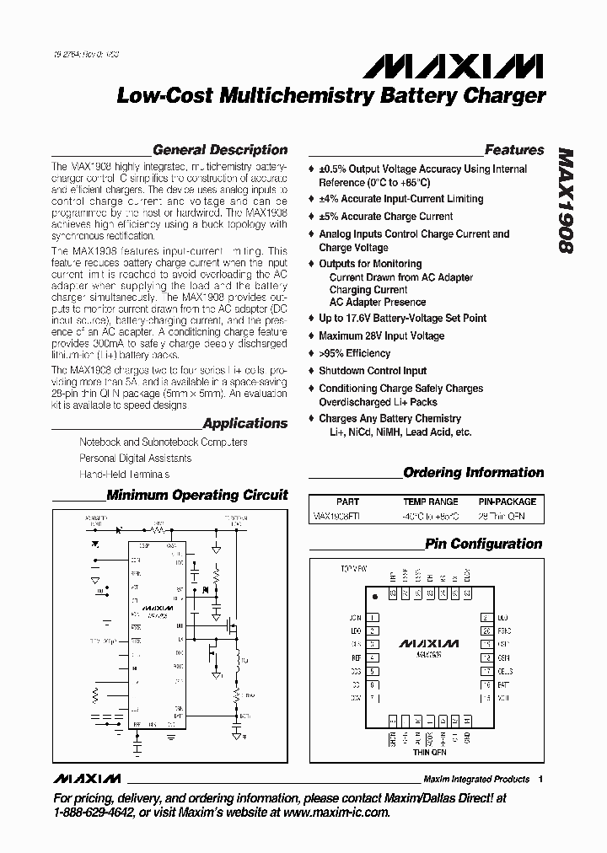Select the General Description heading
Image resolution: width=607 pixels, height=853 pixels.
pyautogui.click(x=220, y=150)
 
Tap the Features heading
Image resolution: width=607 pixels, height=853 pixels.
pyautogui.click(x=514, y=150)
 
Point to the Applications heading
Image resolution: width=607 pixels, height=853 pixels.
pyautogui.click(x=245, y=423)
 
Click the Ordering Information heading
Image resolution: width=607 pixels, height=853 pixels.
pyautogui.click(x=474, y=473)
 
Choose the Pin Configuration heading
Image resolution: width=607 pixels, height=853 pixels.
pyautogui.click(x=484, y=544)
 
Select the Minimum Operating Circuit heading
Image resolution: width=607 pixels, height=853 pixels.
pyautogui.click(x=197, y=495)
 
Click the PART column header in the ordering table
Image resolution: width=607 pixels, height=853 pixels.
pyautogui.click(x=347, y=501)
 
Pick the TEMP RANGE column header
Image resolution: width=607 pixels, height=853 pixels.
pyautogui.click(x=431, y=501)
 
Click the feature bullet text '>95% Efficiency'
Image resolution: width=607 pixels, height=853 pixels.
pyautogui.click(x=355, y=353)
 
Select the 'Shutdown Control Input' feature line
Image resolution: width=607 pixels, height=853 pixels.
pyautogui.click(x=373, y=371)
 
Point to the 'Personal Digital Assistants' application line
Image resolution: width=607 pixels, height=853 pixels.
pyautogui.click(x=136, y=459)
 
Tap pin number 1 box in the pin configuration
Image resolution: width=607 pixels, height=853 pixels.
pyautogui.click(x=372, y=618)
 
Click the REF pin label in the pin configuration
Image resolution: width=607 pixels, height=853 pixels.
pyautogui.click(x=356, y=657)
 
